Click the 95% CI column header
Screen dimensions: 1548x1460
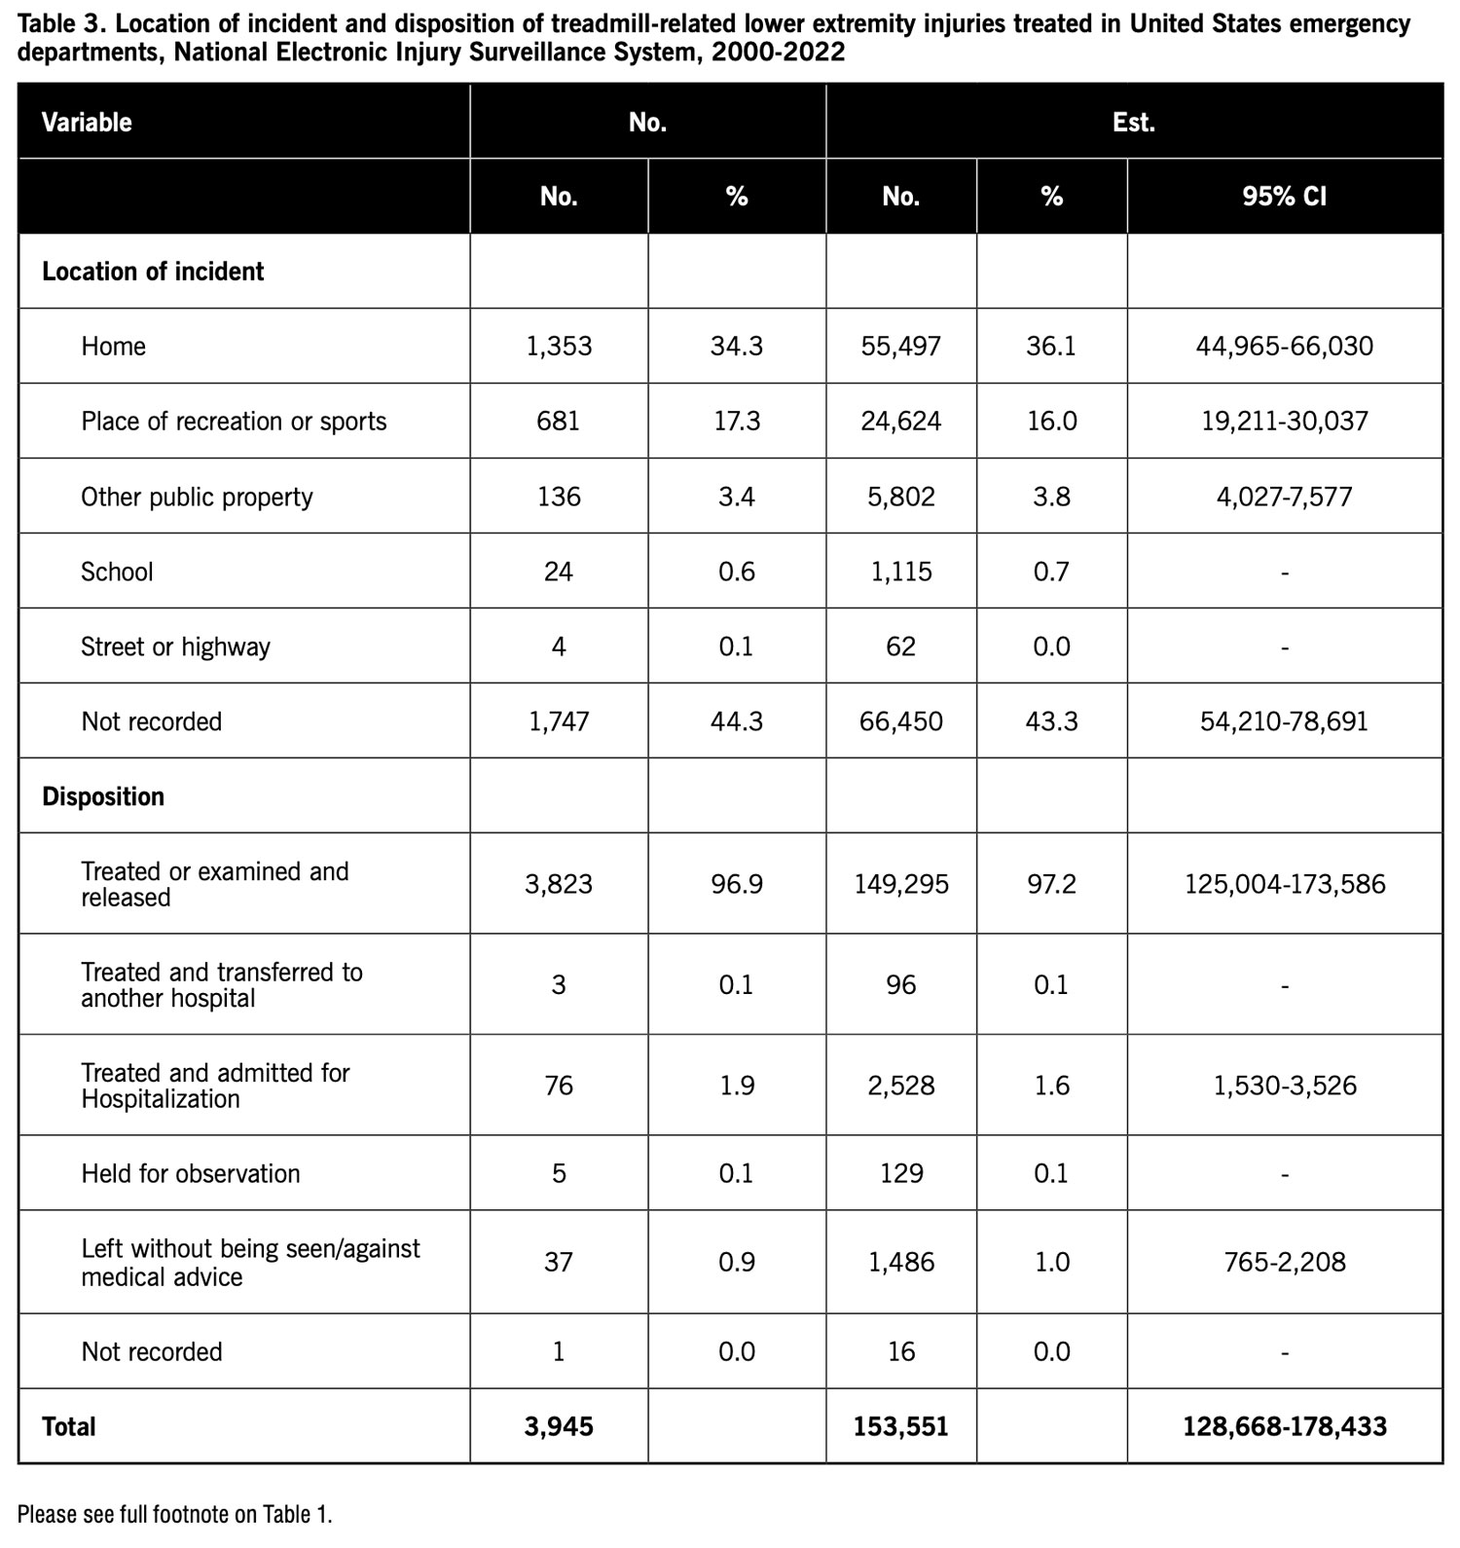tap(1284, 197)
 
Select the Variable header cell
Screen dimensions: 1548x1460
tap(87, 123)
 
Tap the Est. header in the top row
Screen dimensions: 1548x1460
tap(1133, 123)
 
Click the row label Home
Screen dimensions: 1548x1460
tap(113, 347)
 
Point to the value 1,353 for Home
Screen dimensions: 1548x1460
tap(559, 347)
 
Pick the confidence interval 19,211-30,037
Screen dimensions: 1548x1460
tap(1284, 422)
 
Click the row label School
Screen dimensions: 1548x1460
tap(117, 571)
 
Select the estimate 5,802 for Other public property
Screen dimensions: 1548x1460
tap(900, 497)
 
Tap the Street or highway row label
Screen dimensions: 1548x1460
tap(175, 646)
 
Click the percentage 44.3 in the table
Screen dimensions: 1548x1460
tap(736, 721)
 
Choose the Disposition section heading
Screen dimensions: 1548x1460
tap(103, 796)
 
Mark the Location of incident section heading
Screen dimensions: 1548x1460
tap(153, 272)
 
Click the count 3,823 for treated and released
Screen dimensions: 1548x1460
tap(559, 884)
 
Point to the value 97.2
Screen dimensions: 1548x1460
tap(1051, 884)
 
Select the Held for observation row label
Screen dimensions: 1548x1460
tap(191, 1173)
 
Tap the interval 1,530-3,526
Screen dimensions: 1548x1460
tap(1284, 1086)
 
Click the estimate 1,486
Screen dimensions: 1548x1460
tap(900, 1263)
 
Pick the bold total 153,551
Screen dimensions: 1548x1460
tap(900, 1426)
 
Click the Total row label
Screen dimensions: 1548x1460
tap(69, 1426)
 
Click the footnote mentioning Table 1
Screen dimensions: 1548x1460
tap(175, 1514)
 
